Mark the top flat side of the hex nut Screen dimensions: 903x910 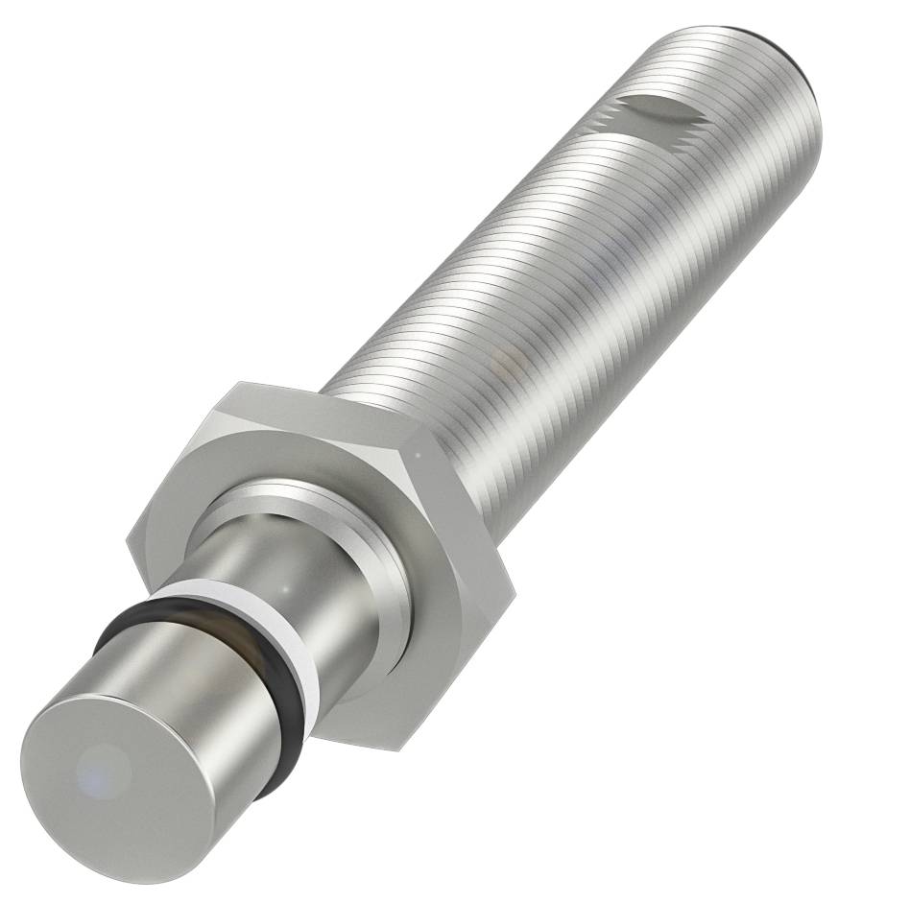pos(317,413)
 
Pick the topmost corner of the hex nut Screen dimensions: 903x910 pos(236,383)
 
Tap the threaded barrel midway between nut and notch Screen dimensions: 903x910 pos(538,269)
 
